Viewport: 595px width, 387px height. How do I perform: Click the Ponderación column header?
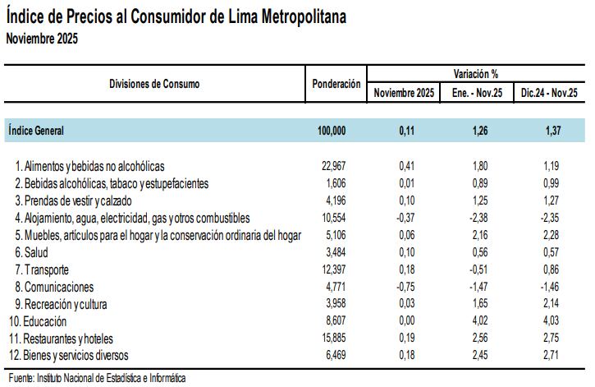coord(336,84)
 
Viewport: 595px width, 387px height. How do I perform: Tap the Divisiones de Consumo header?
coord(154,84)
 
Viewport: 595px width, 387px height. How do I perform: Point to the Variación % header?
coord(478,74)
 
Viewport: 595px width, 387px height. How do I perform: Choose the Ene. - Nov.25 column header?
coord(478,93)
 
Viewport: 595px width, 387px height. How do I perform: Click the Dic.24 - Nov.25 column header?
coord(550,93)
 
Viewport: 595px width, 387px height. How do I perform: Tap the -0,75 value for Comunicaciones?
coord(405,287)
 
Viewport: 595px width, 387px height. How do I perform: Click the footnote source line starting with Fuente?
coord(95,378)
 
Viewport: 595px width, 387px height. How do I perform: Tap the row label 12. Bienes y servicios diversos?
coord(78,355)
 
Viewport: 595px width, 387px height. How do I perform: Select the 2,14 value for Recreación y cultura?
coord(551,305)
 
